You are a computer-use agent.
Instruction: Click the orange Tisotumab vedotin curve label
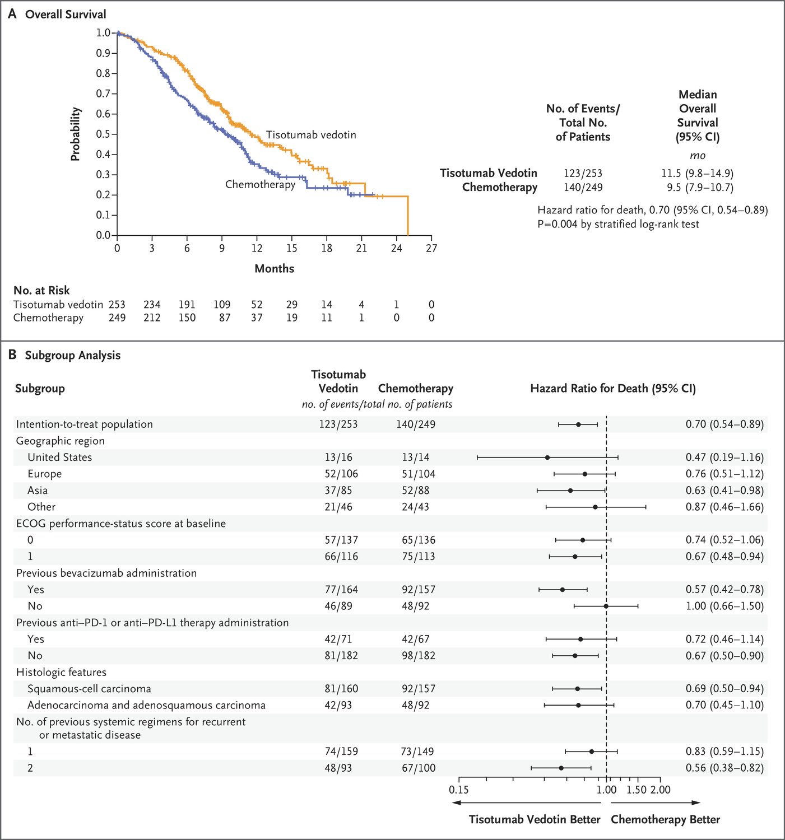(x=311, y=135)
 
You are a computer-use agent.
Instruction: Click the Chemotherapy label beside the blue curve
(x=260, y=185)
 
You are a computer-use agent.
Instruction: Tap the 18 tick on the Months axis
(x=327, y=237)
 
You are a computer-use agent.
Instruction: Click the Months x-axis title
(x=275, y=269)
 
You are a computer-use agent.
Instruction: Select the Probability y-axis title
(x=76, y=134)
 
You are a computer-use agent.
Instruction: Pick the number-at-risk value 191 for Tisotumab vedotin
(x=187, y=305)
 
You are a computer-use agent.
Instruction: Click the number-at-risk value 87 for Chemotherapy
(x=225, y=318)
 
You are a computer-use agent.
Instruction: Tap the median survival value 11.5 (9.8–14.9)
(x=698, y=174)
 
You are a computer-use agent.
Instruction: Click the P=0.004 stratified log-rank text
(x=618, y=224)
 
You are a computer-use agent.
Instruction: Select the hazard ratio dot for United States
(x=547, y=457)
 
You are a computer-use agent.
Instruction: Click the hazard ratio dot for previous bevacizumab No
(x=606, y=606)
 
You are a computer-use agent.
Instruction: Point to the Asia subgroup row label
(x=38, y=491)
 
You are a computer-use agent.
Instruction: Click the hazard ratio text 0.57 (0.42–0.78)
(x=725, y=590)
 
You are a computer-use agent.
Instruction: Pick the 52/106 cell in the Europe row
(x=341, y=474)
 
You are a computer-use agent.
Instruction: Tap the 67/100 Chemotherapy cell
(x=419, y=768)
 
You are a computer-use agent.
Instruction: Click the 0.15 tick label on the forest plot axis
(x=459, y=790)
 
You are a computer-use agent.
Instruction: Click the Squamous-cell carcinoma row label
(x=89, y=689)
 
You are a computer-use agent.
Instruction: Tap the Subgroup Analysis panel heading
(x=73, y=355)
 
